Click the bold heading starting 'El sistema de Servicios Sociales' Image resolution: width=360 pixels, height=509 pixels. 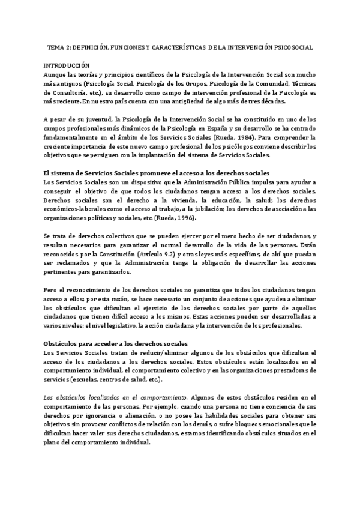[x=156, y=173]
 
